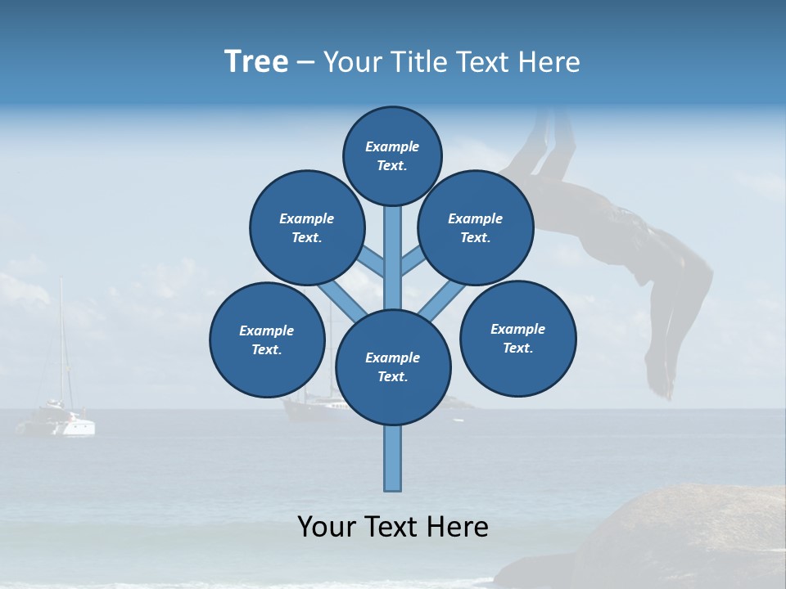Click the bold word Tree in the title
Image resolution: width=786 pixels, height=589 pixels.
coord(256,62)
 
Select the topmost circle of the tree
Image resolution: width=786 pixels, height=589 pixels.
coord(392,155)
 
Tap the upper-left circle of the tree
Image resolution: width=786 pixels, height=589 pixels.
coord(306,227)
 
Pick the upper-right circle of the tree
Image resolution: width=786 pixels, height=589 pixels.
coord(475,227)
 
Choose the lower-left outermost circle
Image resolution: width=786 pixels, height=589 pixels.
coord(266,339)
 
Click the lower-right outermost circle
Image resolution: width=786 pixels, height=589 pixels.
coord(517,338)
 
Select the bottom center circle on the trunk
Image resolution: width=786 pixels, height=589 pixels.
coord(392,367)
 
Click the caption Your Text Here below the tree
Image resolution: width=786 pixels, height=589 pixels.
coord(392,527)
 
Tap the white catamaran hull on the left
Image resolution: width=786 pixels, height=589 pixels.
coord(57,425)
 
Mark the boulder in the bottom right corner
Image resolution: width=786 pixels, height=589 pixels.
coord(680,540)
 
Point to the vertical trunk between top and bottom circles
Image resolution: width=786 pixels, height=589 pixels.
coord(392,254)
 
